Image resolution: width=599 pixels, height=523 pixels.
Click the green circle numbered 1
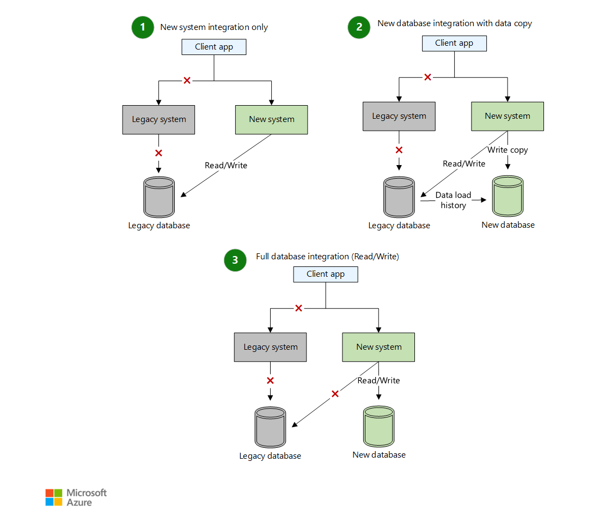(x=143, y=27)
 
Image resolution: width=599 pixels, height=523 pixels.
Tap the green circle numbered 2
(x=359, y=27)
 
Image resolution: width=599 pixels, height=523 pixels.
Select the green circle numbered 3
(x=235, y=260)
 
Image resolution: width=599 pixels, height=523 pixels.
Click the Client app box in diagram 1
(x=214, y=47)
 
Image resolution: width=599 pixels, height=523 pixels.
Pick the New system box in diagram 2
(x=507, y=116)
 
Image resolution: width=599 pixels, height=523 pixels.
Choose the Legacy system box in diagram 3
(x=270, y=347)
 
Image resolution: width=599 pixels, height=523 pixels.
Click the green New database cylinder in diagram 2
(x=508, y=196)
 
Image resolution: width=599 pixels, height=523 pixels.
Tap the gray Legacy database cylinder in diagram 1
(x=159, y=197)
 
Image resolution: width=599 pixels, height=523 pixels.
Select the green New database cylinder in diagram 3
(x=378, y=427)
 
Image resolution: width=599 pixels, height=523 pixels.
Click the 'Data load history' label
(x=453, y=200)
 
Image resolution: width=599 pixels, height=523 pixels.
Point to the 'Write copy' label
(x=508, y=150)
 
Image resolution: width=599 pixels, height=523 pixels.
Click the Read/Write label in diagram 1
(x=226, y=165)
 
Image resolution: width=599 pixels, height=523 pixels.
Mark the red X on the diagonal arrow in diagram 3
(x=335, y=394)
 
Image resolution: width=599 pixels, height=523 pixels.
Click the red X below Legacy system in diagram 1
(x=158, y=153)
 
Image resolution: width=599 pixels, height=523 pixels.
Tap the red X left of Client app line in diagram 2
(x=427, y=77)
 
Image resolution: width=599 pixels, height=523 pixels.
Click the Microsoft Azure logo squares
(x=53, y=497)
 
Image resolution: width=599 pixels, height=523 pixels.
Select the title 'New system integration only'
(x=214, y=27)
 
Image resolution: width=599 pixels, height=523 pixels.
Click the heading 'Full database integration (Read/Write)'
(x=327, y=257)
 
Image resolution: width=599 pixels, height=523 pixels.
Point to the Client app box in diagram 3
(x=326, y=274)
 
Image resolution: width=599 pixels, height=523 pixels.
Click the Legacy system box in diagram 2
(x=399, y=116)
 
